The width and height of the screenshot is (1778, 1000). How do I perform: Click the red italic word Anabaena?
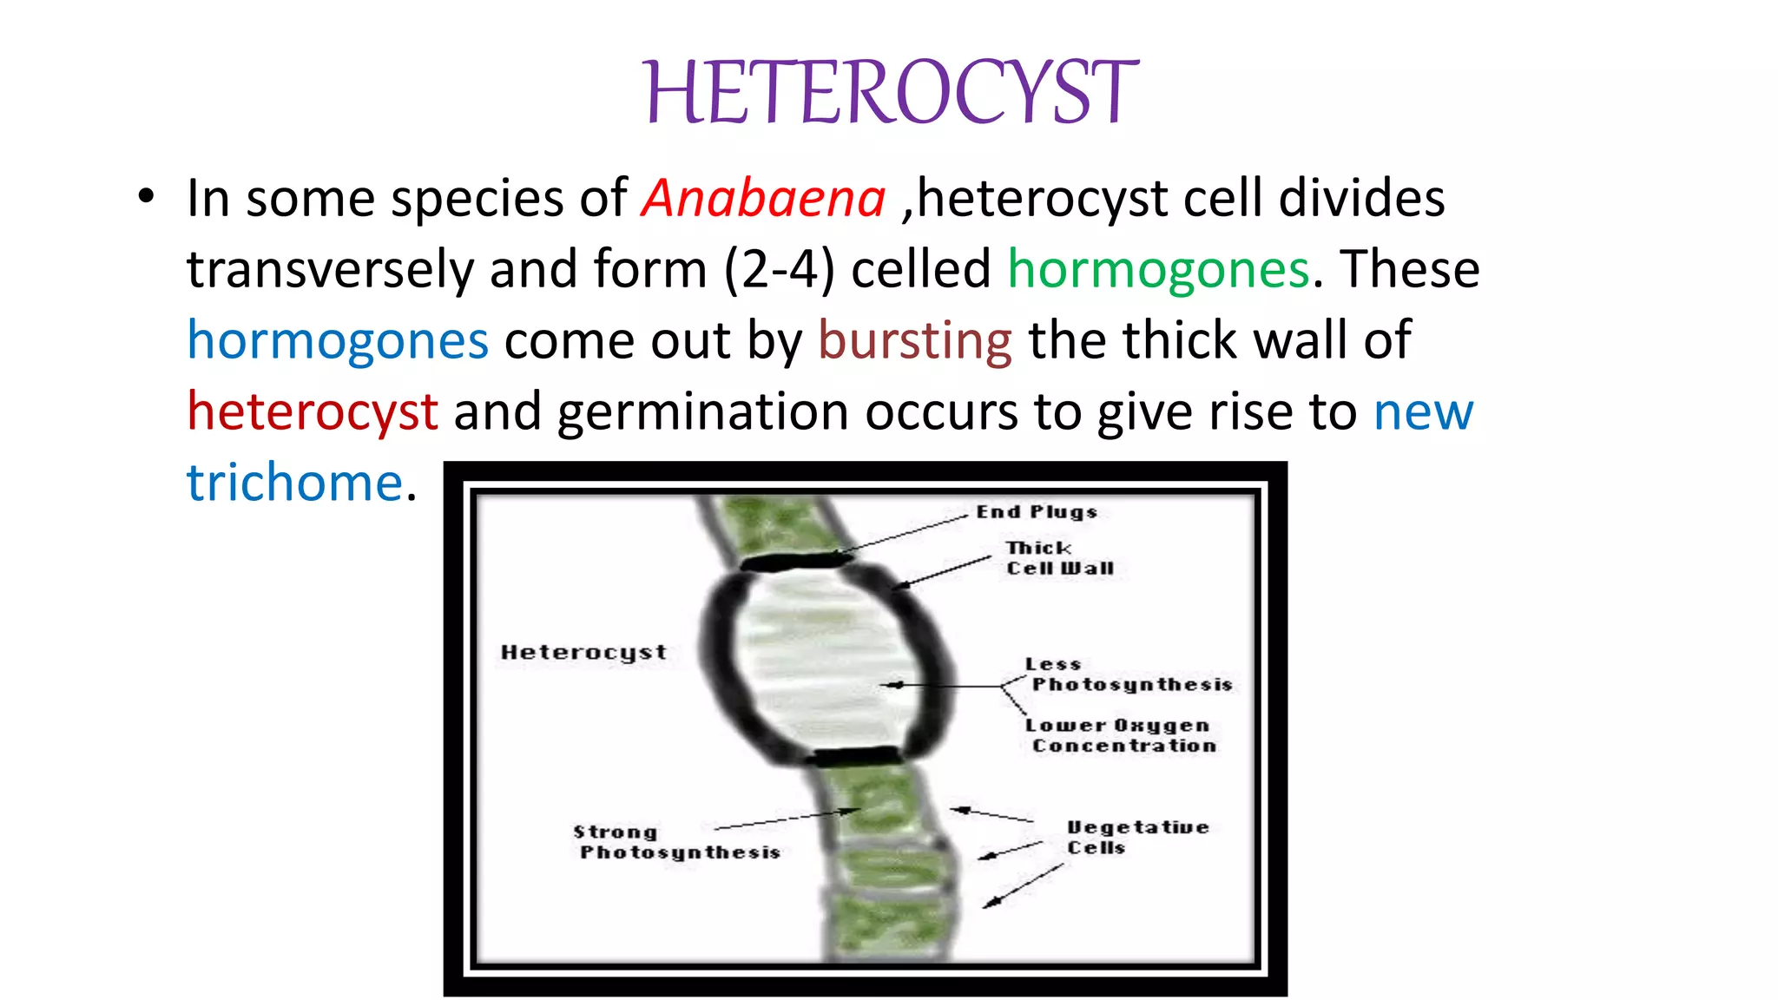tap(763, 199)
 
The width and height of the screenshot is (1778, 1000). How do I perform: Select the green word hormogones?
tap(1158, 270)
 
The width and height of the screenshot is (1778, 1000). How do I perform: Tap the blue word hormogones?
tap(338, 340)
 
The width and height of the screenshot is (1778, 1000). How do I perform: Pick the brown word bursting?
tap(914, 340)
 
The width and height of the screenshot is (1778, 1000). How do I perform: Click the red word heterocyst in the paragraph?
tap(313, 411)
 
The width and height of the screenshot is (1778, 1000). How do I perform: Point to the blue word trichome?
tap(295, 483)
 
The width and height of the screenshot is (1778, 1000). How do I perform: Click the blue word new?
tap(1423, 411)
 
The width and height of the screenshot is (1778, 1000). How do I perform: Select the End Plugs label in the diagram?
tap(1037, 512)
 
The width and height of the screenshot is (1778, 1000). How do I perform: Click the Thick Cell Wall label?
tap(1059, 558)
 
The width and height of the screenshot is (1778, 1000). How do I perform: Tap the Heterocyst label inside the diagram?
tap(583, 652)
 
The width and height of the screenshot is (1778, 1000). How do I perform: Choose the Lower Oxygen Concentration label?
tap(1120, 735)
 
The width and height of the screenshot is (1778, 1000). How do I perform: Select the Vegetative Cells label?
tap(1136, 837)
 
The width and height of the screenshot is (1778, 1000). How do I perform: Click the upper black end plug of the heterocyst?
tap(794, 562)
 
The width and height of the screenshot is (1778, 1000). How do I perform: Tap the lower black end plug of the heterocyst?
tap(855, 755)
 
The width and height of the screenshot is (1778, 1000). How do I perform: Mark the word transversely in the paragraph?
tap(330, 270)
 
